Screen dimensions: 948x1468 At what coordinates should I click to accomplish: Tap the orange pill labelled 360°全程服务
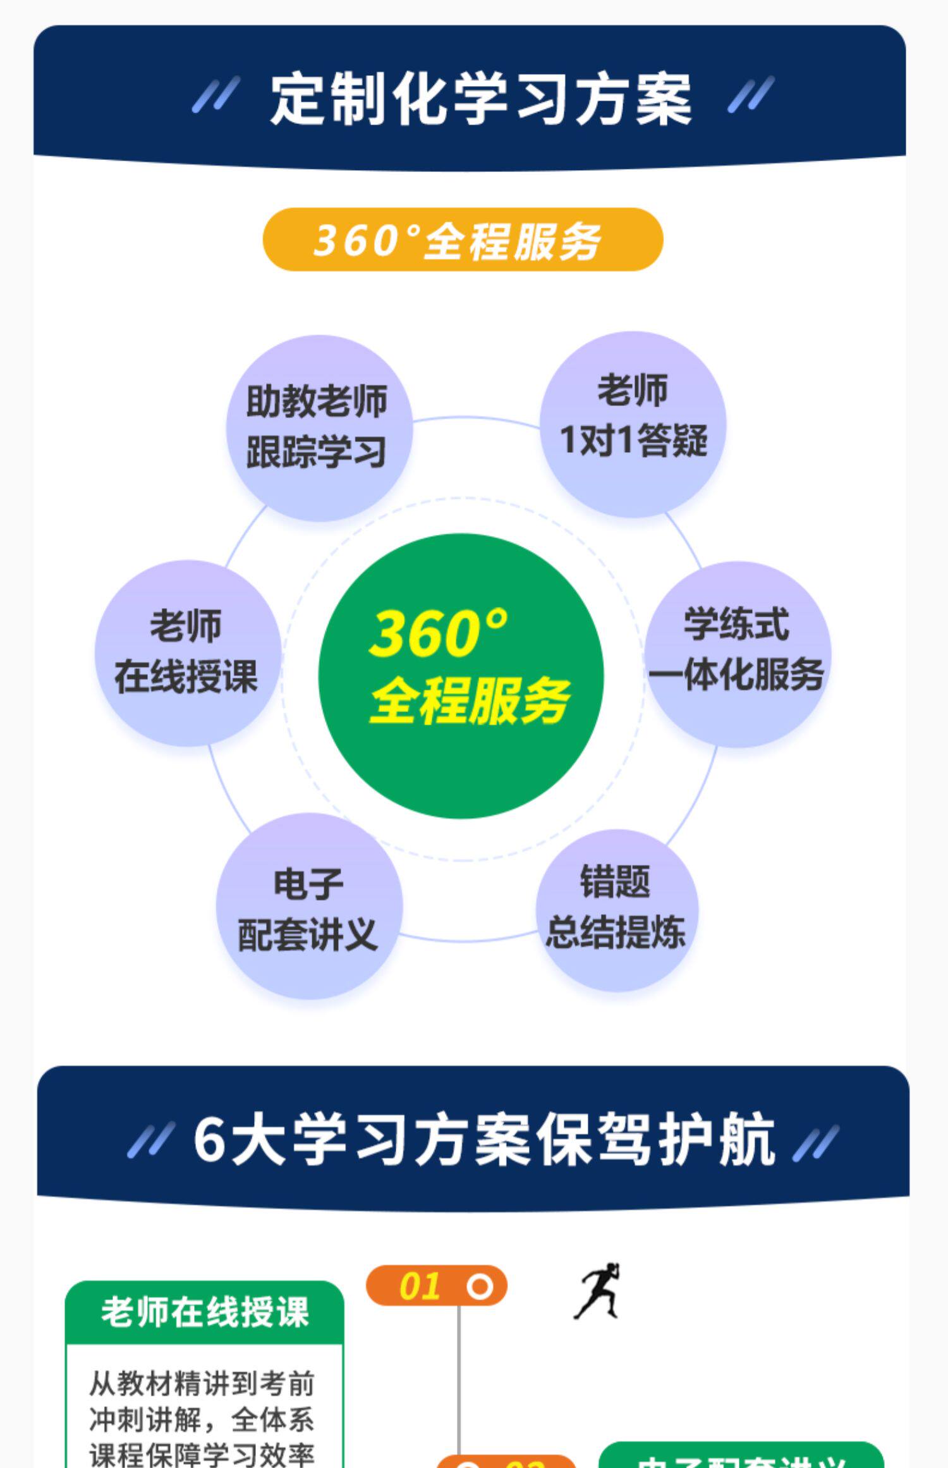point(463,240)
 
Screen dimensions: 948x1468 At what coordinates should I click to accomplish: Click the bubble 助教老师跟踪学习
point(319,428)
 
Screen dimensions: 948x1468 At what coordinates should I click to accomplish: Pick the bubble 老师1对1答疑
point(633,424)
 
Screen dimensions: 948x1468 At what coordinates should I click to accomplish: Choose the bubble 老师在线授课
point(188,652)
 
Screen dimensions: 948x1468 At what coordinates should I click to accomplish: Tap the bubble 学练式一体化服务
point(738,654)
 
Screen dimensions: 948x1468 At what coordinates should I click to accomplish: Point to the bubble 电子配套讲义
point(309,906)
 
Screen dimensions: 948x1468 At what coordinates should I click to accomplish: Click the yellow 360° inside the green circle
point(439,632)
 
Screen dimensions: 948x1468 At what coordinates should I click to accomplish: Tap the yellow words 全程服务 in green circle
point(469,700)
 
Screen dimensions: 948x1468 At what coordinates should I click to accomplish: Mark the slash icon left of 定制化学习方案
point(216,95)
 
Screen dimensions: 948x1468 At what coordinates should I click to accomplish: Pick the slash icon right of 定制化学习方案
point(750,95)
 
